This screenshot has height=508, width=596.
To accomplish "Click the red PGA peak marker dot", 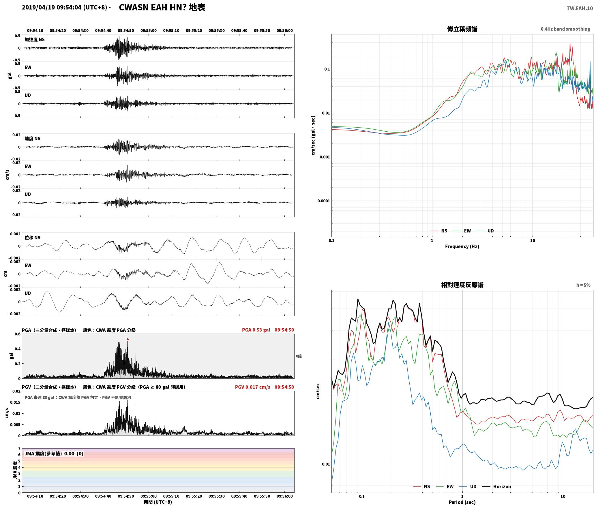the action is (x=128, y=339).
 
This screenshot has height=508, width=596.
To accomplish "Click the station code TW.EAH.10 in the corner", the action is (x=580, y=8).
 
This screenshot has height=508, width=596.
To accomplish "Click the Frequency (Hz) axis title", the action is (x=462, y=246).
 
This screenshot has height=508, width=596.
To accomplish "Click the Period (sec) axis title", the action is (x=462, y=502).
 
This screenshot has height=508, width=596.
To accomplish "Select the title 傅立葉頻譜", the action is (x=462, y=29).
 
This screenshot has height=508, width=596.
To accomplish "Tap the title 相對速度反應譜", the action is (x=462, y=285).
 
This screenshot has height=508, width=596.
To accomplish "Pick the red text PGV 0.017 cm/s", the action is (x=253, y=387).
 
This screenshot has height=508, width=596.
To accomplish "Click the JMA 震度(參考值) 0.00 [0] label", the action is (x=54, y=454).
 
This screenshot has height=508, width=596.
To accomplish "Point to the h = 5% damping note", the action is (x=583, y=285).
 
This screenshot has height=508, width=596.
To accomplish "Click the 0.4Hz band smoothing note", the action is (x=565, y=29).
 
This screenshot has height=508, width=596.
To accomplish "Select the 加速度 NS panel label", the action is (x=35, y=40).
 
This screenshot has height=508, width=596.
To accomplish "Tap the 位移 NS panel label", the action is (x=32, y=238).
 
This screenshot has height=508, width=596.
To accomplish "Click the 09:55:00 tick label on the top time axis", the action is (x=149, y=31).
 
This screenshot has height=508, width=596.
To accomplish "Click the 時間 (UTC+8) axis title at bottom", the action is (x=158, y=502).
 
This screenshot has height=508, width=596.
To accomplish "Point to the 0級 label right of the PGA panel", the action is (x=299, y=356).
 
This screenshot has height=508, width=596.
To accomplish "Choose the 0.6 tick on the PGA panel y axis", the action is (x=18, y=334).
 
